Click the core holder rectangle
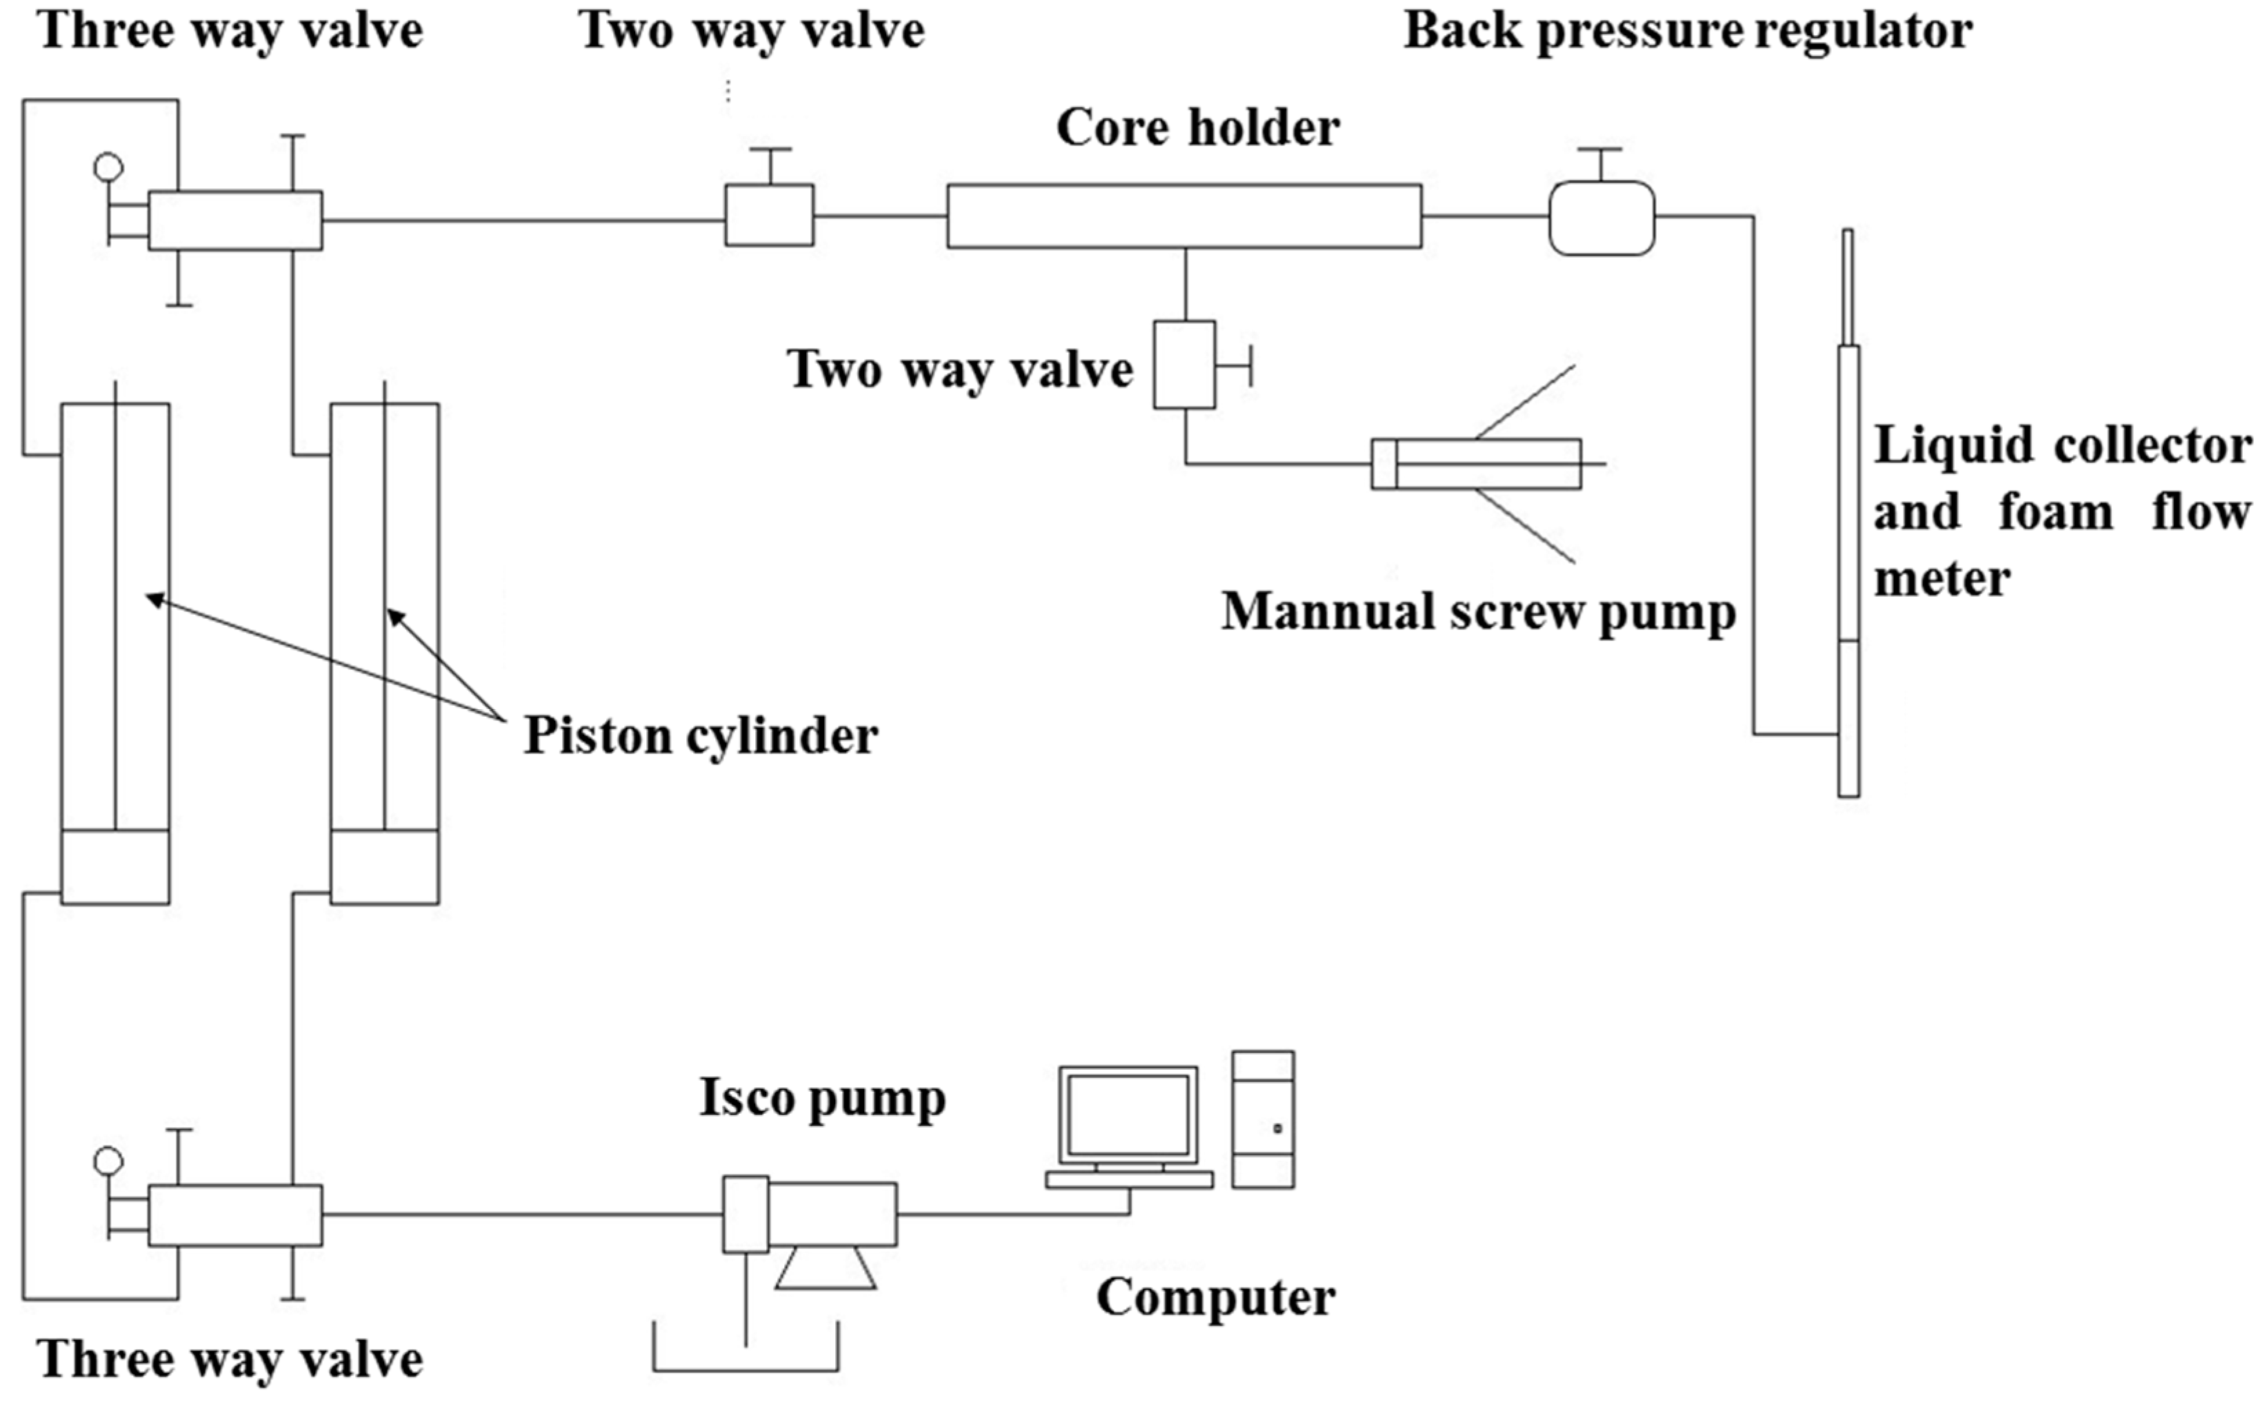pos(1184,216)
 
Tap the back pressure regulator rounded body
pos(1601,218)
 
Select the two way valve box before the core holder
pos(768,215)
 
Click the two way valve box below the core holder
pos(1184,365)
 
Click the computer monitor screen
pos(1128,1115)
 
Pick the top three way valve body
pos(234,221)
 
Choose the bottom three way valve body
pos(234,1214)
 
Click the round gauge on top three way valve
pos(108,167)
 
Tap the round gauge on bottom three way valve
pos(108,1161)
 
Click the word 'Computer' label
pos(1215,1297)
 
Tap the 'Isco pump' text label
pos(822,1097)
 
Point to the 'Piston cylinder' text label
pos(701,735)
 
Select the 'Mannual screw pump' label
pos(1478,612)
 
